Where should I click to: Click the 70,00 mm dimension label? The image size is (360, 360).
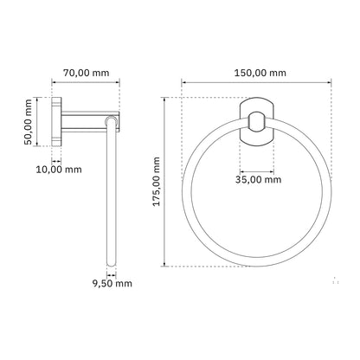[87, 73]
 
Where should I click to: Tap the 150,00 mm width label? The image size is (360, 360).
[260, 73]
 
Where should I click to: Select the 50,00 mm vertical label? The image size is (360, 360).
[28, 122]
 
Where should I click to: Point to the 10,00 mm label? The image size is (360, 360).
[59, 170]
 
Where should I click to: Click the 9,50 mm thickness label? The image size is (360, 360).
[112, 283]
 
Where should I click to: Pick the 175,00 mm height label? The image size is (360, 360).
[156, 182]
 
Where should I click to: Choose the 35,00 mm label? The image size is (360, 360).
[258, 180]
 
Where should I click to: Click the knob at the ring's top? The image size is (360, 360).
[256, 122]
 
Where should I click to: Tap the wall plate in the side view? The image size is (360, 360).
[56, 122]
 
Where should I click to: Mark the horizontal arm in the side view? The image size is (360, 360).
[90, 122]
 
